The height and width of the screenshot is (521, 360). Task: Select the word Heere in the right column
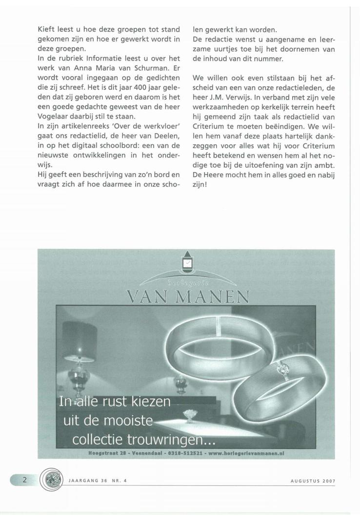pos(211,160)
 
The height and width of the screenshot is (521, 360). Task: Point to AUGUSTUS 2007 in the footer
pos(312,480)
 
